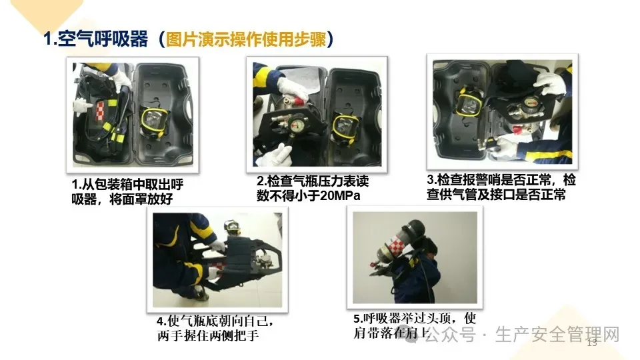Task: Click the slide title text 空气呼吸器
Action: click(x=103, y=39)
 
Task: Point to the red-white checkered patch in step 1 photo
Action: click(x=100, y=111)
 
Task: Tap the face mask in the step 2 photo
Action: click(x=345, y=128)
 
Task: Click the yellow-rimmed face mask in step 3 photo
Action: click(x=469, y=101)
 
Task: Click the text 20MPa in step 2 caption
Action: click(x=340, y=195)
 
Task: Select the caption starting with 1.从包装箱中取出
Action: click(x=127, y=192)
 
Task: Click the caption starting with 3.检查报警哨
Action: click(x=501, y=187)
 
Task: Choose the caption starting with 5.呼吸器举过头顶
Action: click(x=415, y=326)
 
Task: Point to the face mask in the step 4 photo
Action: click(x=232, y=227)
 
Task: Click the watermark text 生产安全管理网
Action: click(x=557, y=335)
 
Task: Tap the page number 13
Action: click(x=592, y=343)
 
